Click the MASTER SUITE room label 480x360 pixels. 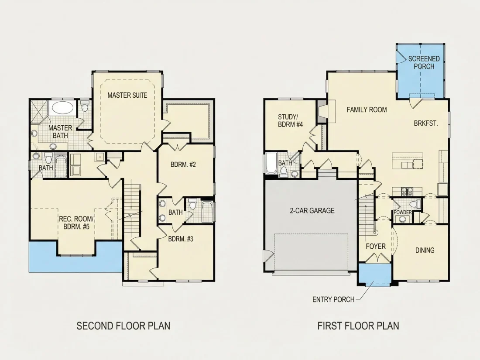(127, 95)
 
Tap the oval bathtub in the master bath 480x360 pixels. (62, 108)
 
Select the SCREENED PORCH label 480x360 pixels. (424, 62)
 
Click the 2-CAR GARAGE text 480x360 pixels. (312, 211)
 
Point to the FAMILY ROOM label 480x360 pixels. (367, 110)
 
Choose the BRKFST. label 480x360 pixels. (426, 123)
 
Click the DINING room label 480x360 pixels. (425, 250)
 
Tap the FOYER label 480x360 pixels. (376, 247)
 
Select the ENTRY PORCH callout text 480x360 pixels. (333, 299)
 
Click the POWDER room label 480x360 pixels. (403, 213)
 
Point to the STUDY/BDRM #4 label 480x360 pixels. (290, 120)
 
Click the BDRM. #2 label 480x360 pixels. (183, 165)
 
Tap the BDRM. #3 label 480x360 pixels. (181, 239)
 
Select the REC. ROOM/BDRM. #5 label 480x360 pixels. (75, 223)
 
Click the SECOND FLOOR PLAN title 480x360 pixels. (123, 326)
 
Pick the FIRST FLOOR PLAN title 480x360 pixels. (358, 326)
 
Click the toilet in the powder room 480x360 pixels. (415, 204)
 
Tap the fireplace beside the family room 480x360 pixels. (322, 111)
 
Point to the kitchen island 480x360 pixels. (408, 161)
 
